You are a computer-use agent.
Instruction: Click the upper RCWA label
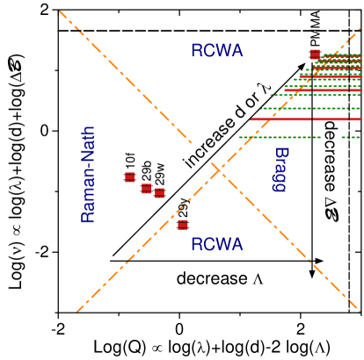pos(216,52)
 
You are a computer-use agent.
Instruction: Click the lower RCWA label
pos(216,245)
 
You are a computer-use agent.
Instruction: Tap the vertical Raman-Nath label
pos(88,175)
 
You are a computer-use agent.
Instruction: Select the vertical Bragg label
pos(280,169)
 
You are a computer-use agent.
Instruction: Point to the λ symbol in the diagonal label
pos(260,90)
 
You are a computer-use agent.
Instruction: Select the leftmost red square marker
pos(130,177)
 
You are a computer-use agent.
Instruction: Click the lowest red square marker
pos(183,225)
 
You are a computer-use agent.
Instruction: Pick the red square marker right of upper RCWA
pos(315,54)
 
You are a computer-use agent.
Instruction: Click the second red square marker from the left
pos(147,189)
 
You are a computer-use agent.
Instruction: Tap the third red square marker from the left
pos(159,193)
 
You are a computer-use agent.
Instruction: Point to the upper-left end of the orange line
pos(60,11)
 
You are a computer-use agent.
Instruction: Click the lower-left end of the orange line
pos(77,311)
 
